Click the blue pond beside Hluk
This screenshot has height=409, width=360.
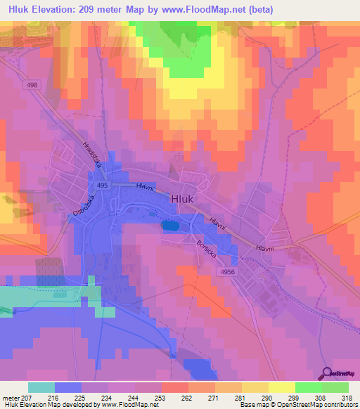tap(170, 226)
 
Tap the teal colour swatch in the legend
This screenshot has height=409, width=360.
tap(41, 387)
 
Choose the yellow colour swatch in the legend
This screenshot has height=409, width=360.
tap(281, 387)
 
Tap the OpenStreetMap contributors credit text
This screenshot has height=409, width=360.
tap(316, 405)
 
